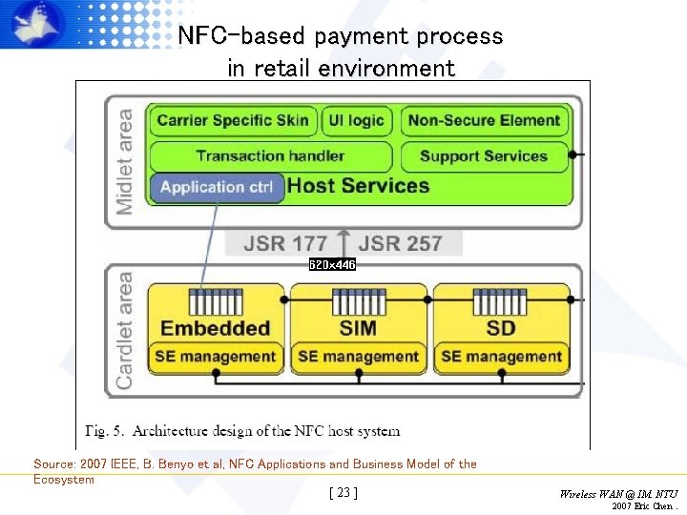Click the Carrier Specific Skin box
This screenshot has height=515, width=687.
point(232,120)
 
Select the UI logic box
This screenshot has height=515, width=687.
point(357,120)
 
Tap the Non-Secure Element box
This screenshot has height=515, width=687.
point(484,120)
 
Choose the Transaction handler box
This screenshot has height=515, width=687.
point(270,156)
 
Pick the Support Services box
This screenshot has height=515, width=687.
point(484,156)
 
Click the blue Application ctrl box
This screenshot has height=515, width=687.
point(217,187)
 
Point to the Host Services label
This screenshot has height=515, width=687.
point(358,186)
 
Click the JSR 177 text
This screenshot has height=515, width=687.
point(285,243)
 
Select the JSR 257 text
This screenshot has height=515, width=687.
point(400,243)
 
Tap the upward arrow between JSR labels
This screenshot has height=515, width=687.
point(343,243)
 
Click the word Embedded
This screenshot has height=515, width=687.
point(215,328)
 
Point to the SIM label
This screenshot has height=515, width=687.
point(358,328)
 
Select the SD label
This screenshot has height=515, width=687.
point(500,328)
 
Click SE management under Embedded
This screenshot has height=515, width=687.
point(215,357)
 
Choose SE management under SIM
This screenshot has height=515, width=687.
point(358,357)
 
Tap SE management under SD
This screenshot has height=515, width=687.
point(501,357)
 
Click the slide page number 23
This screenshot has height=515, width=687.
point(343,493)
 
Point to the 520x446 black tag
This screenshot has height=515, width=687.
point(332,264)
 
